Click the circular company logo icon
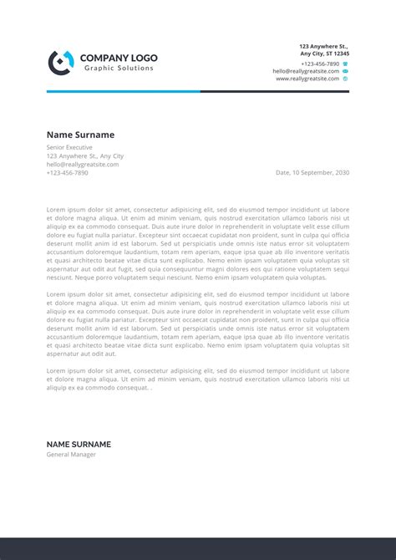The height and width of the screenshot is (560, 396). [60, 62]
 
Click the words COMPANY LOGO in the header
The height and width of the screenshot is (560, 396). [118, 58]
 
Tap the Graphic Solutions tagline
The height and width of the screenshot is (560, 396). [119, 68]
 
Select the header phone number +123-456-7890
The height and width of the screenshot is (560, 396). [320, 64]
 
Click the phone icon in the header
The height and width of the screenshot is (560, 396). [345, 64]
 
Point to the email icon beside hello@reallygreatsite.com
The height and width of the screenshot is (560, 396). [345, 71]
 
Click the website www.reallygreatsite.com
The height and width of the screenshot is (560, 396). [307, 79]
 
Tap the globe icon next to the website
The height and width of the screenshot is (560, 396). [345, 79]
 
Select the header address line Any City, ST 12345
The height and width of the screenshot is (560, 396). [325, 53]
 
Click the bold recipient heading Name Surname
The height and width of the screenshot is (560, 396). [80, 135]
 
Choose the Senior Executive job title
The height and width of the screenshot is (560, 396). [69, 147]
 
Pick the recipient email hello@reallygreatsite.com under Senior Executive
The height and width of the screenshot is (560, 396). [83, 164]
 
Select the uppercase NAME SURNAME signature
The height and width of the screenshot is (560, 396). [79, 444]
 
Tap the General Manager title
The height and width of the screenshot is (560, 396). [71, 455]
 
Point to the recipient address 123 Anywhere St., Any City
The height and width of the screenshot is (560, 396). [84, 155]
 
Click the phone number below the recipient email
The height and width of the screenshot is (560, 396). [67, 172]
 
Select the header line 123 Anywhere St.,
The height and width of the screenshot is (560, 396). [324, 46]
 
